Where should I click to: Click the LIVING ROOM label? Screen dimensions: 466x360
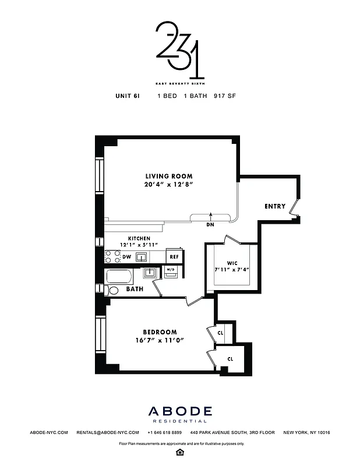tap(169, 176)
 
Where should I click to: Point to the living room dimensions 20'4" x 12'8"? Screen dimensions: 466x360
tap(169, 185)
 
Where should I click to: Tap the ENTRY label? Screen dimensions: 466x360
tap(275, 206)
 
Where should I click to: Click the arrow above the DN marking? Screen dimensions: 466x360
tap(210, 217)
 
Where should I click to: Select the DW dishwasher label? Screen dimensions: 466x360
tap(126, 256)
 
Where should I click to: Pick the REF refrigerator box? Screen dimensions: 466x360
tap(174, 256)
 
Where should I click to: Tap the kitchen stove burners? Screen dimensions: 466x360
tap(112, 256)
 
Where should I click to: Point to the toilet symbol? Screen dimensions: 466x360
tap(113, 290)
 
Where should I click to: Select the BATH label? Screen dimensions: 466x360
tap(135, 289)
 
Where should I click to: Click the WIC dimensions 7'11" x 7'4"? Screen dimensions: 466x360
tap(231, 269)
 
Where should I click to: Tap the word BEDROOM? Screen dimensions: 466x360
tap(160, 333)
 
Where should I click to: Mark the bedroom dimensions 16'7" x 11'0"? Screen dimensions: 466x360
tap(160, 341)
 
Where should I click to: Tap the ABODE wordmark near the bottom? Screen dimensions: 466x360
tap(179, 412)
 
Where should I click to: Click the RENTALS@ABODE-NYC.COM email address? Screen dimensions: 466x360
tap(108, 433)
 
